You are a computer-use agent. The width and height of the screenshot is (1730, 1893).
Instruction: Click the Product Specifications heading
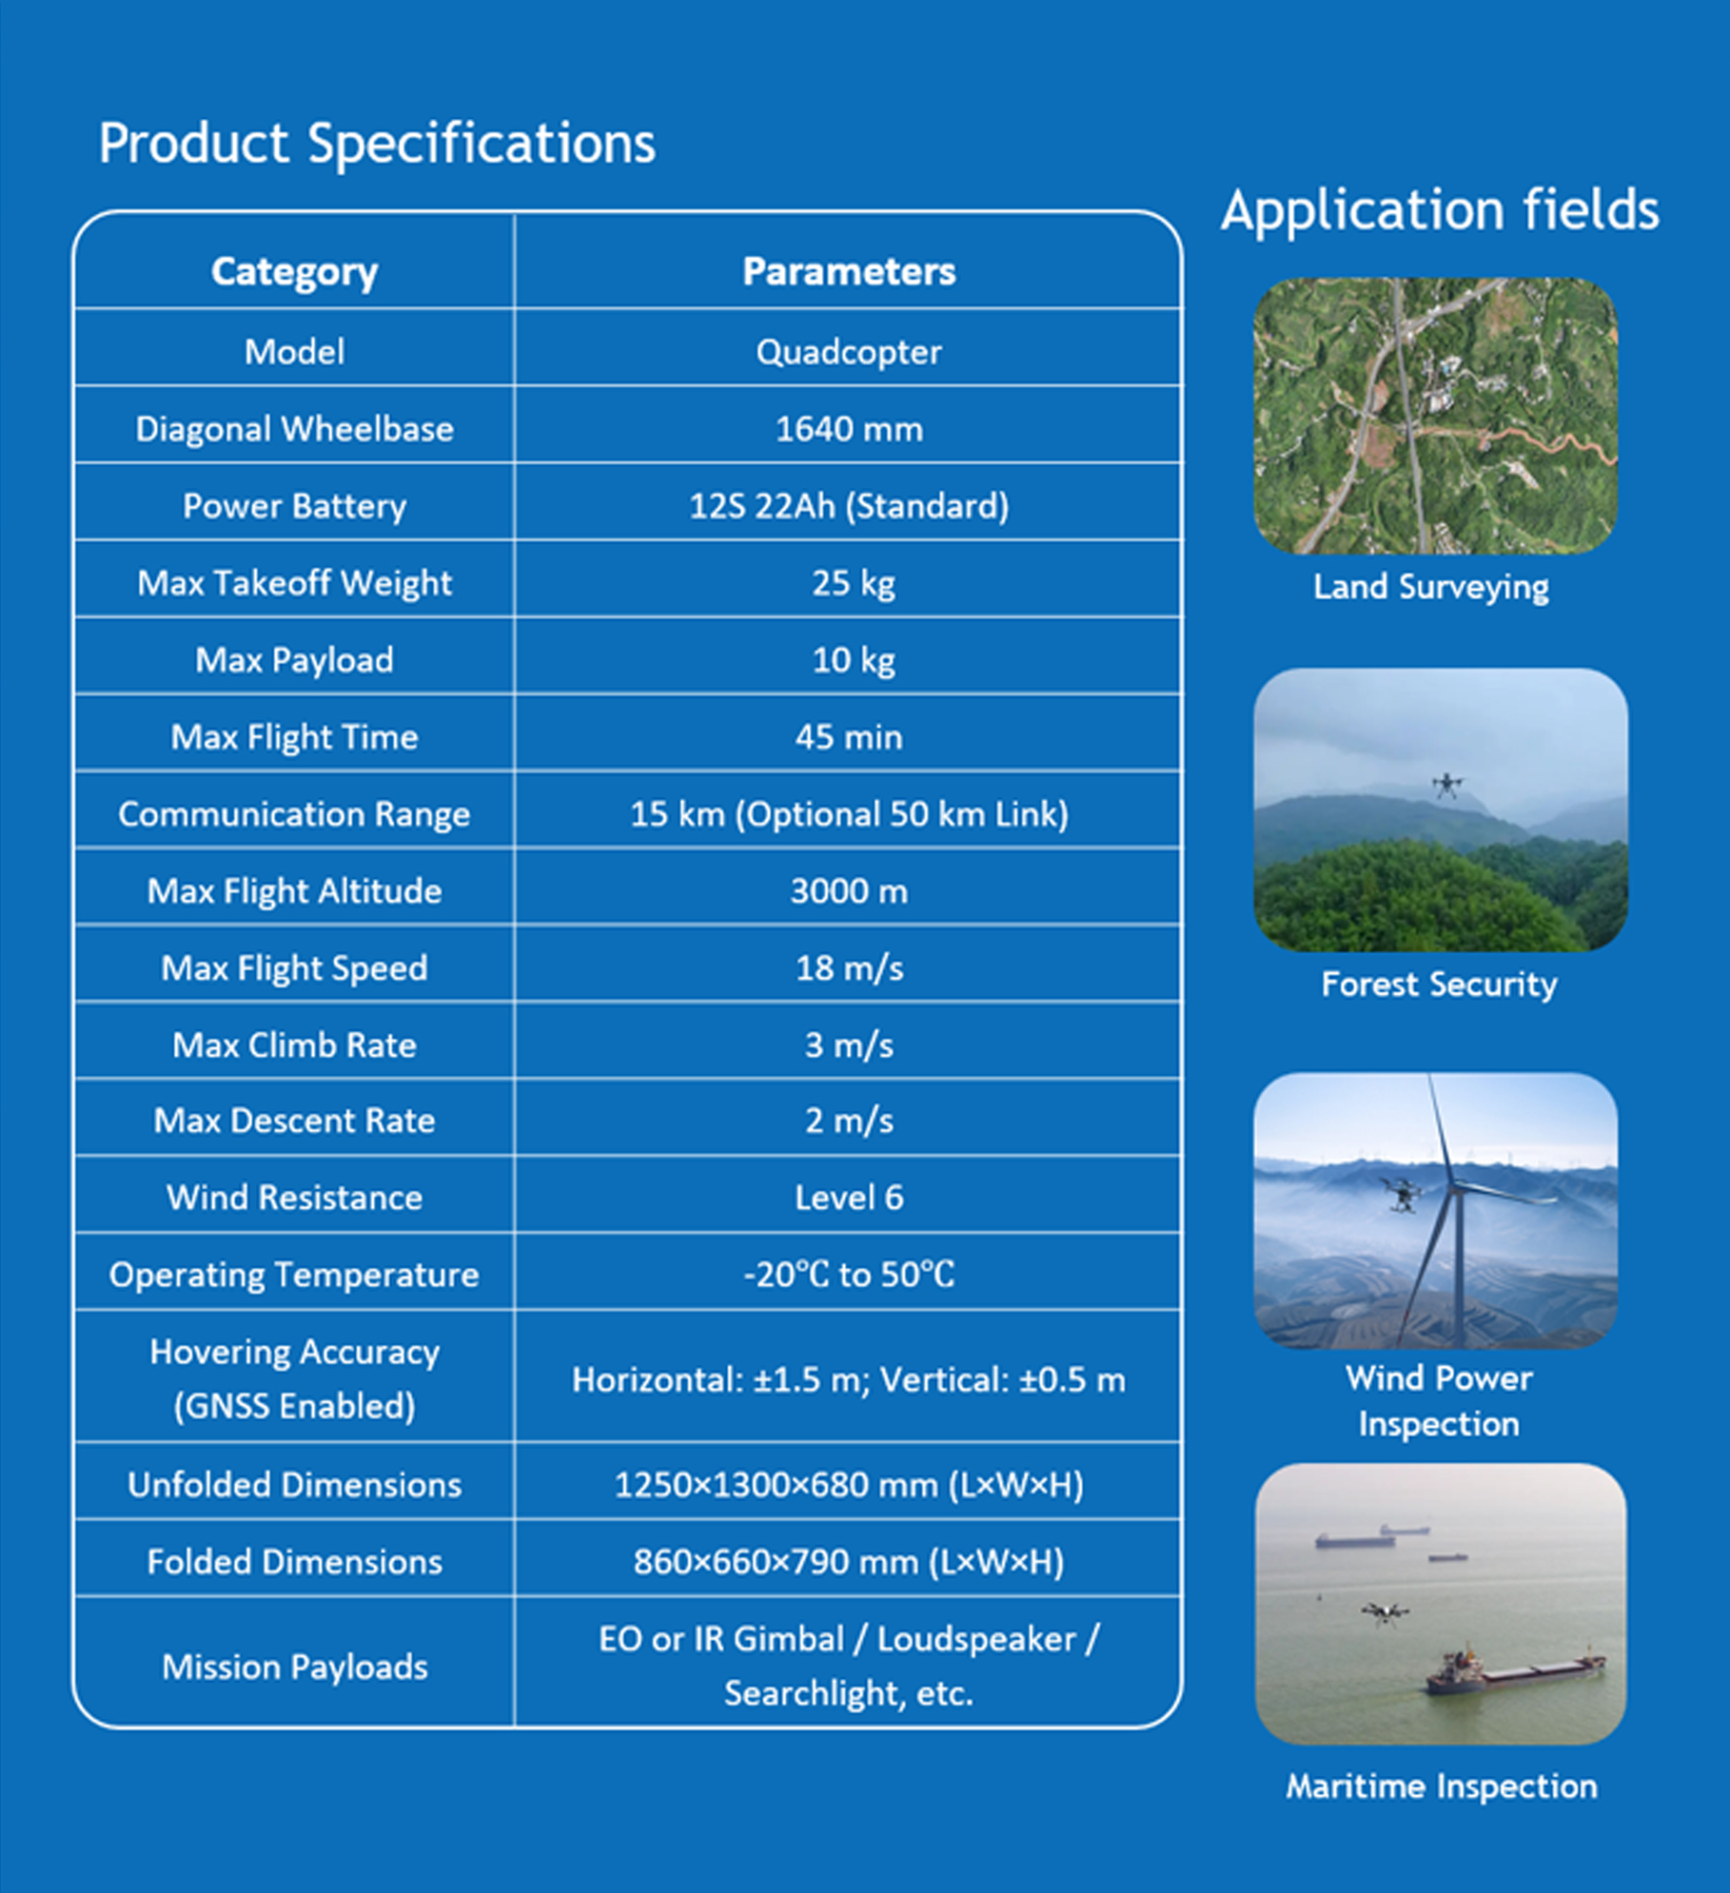[377, 145]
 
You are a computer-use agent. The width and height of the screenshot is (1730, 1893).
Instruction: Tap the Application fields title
[1440, 209]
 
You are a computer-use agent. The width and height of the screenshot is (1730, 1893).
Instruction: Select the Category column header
[294, 272]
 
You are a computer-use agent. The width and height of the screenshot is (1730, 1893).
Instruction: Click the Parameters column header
[849, 271]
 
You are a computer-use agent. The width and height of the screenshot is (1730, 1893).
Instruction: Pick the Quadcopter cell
[849, 353]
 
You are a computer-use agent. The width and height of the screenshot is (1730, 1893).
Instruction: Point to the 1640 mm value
[849, 429]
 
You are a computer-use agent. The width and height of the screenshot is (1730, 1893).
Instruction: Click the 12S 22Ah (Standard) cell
[849, 506]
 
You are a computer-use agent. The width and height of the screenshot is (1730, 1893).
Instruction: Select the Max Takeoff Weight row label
[294, 583]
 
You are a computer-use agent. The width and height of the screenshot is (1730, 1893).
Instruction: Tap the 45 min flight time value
[849, 737]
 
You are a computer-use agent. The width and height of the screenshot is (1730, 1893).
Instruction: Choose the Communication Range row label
[294, 814]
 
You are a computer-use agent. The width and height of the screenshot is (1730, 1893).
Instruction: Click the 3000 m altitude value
[849, 891]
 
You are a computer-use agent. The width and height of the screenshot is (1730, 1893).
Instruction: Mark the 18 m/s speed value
[849, 968]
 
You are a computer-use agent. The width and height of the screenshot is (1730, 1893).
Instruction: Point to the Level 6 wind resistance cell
[849, 1198]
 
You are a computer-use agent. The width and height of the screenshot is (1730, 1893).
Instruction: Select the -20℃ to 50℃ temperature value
[849, 1275]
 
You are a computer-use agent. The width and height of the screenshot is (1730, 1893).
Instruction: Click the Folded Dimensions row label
[294, 1562]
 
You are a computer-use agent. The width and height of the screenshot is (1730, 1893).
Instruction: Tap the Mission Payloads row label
[294, 1667]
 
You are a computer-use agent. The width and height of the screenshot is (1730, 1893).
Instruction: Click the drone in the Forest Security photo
[1447, 785]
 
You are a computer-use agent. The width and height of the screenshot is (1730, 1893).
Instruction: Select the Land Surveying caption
[1430, 587]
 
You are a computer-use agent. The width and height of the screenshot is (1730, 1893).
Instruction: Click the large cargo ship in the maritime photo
[1514, 1671]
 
